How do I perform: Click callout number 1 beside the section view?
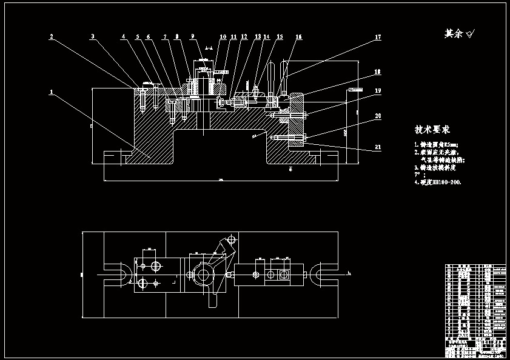[x=52, y=92]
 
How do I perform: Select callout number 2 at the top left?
[x=52, y=36]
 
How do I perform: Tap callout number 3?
[x=92, y=36]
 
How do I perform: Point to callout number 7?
[x=164, y=37]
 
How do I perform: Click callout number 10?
[x=223, y=37]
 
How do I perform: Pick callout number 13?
[x=258, y=37]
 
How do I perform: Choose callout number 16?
[x=298, y=37]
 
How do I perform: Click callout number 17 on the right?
[x=378, y=37]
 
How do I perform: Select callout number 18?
[x=378, y=72]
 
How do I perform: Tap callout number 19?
[x=378, y=90]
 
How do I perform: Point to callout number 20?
[x=378, y=115]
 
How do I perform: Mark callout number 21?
[x=378, y=147]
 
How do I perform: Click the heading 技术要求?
[x=432, y=130]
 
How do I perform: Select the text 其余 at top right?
[x=454, y=34]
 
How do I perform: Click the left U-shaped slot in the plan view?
[x=118, y=274]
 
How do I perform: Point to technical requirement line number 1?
[x=437, y=144]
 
